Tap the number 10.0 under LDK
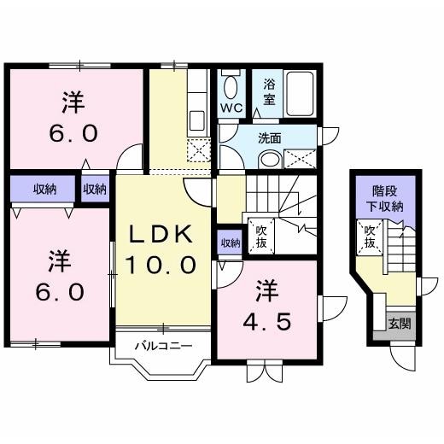pyautogui.click(x=162, y=264)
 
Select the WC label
pyautogui.click(x=231, y=109)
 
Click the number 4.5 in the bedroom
pyautogui.click(x=266, y=322)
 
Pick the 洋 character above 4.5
pyautogui.click(x=266, y=291)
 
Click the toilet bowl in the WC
pyautogui.click(x=231, y=85)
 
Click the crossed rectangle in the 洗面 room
pyautogui.click(x=300, y=157)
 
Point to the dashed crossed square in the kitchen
pyautogui.click(x=198, y=151)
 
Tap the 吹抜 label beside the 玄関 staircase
pyautogui.click(x=370, y=236)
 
